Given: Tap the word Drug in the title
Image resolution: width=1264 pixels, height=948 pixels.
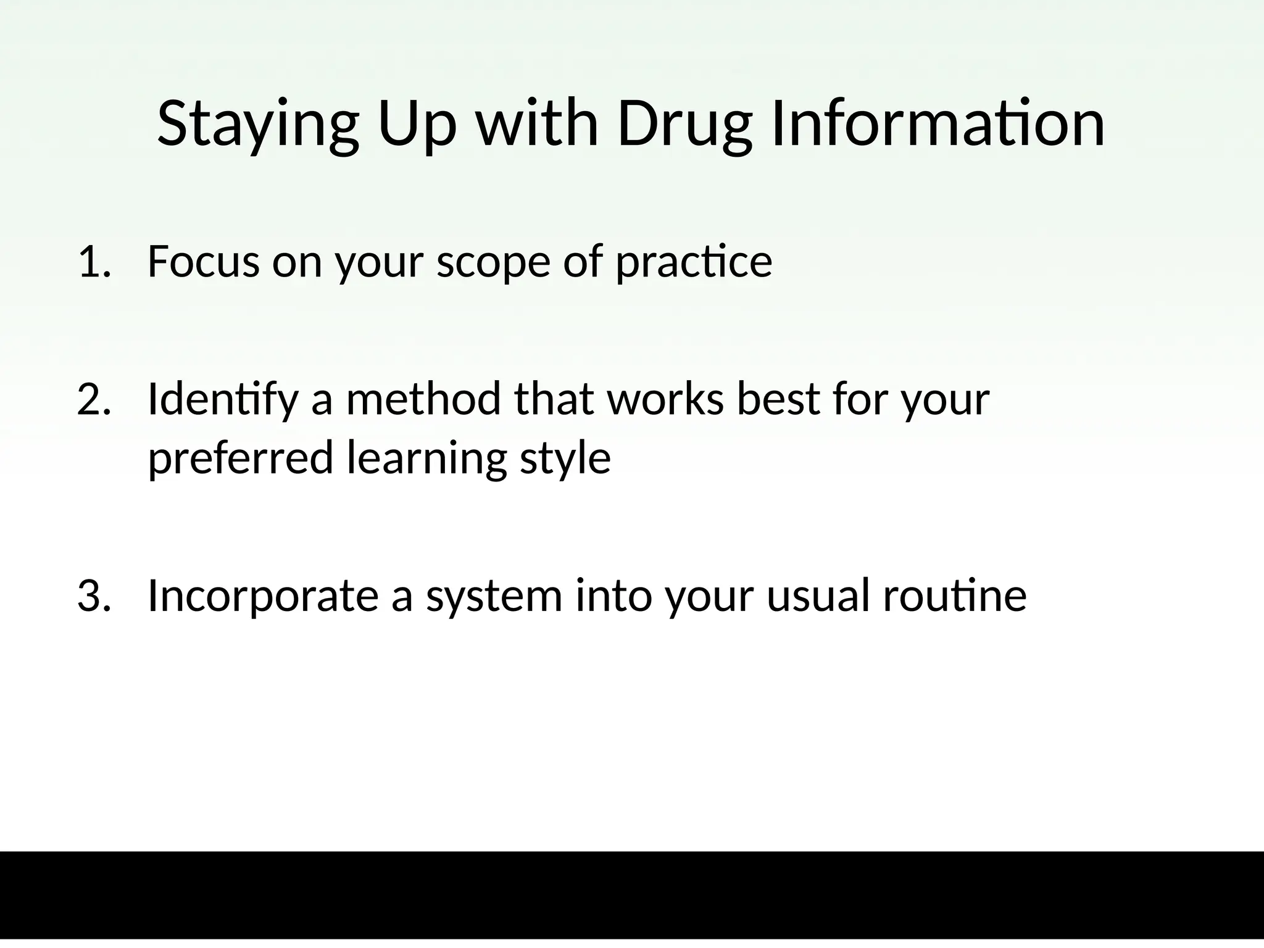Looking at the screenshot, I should [x=684, y=125].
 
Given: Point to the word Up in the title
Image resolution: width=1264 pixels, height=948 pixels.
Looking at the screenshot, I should [x=417, y=125].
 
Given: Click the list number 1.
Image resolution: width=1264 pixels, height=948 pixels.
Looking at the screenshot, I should [x=93, y=262].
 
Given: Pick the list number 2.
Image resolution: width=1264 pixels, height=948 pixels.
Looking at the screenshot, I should [x=93, y=400].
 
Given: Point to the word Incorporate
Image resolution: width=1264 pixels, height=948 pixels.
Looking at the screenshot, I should [x=263, y=597].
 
